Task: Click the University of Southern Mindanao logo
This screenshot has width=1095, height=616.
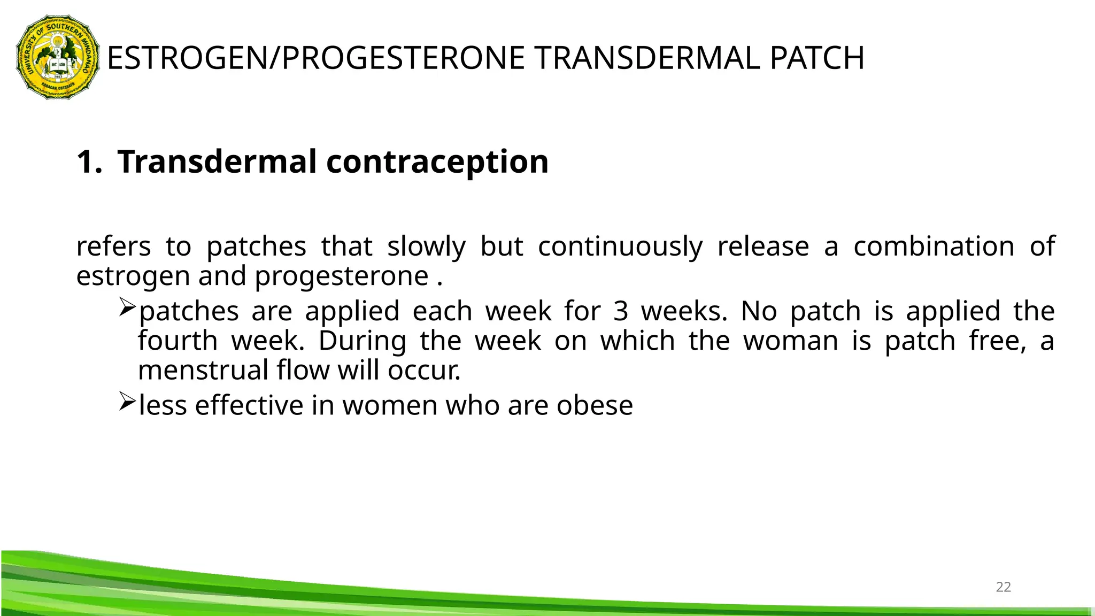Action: pos(58,57)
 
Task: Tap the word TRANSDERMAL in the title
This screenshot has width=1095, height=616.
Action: pos(647,58)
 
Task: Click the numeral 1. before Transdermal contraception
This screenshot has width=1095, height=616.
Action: pos(89,162)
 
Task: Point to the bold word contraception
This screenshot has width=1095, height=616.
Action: pos(437,162)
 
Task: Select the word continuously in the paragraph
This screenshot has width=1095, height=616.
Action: pos(620,247)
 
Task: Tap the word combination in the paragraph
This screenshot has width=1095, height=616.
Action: pos(934,247)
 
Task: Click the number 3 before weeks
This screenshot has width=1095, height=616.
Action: pos(620,312)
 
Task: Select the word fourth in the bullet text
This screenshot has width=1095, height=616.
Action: pos(178,341)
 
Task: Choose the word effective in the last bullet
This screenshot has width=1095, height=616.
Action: pos(249,405)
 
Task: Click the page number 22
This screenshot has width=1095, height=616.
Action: pos(1003,587)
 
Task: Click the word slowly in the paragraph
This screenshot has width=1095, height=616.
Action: pos(426,247)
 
